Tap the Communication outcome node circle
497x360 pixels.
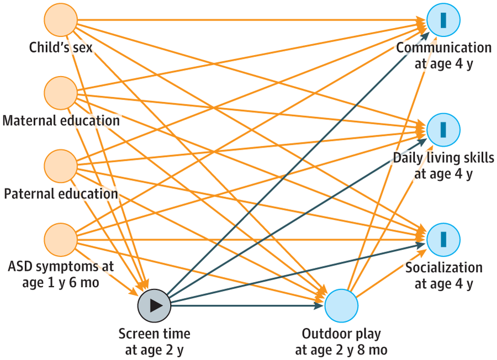click(443, 20)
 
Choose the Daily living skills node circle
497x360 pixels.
click(443, 130)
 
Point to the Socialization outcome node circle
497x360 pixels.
click(443, 240)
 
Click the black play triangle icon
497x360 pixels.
click(156, 304)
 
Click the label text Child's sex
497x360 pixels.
click(61, 47)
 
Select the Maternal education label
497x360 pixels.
click(61, 120)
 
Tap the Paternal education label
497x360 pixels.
click(61, 194)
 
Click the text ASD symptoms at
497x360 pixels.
click(61, 267)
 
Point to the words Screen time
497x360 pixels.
click(154, 333)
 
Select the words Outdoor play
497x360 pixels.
click(341, 333)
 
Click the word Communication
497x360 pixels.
click(443, 47)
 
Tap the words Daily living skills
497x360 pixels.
click(443, 158)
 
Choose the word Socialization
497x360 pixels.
click(443, 268)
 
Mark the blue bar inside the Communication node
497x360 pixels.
click(443, 20)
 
